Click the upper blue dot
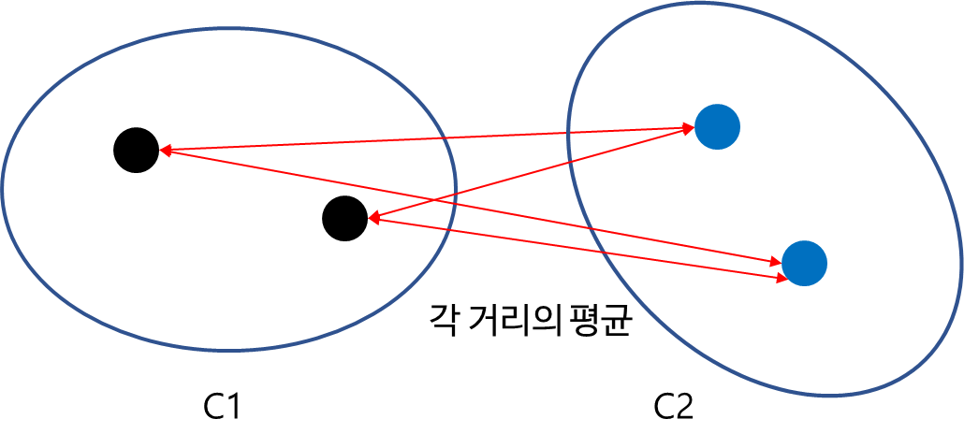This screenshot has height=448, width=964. tap(718, 127)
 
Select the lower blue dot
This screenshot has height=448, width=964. tap(804, 263)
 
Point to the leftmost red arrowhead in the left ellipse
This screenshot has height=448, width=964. tap(165, 150)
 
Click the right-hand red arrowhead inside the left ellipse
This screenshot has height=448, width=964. tap(373, 218)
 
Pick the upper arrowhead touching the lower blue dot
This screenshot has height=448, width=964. tap(777, 263)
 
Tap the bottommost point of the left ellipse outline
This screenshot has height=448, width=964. tap(229, 350)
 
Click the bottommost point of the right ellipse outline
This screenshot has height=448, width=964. tap(829, 396)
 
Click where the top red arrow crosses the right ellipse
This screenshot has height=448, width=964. tap(569, 134)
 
